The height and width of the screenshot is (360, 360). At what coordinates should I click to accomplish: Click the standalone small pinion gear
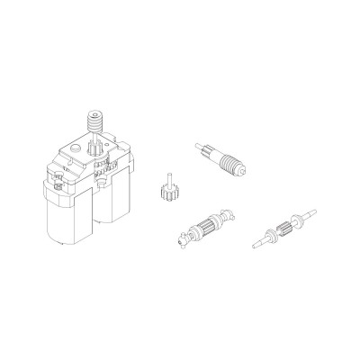click(x=165, y=193)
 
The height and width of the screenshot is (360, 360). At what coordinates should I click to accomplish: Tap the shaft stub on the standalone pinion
click(x=166, y=175)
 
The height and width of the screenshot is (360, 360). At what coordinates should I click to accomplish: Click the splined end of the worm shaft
click(x=205, y=148)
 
